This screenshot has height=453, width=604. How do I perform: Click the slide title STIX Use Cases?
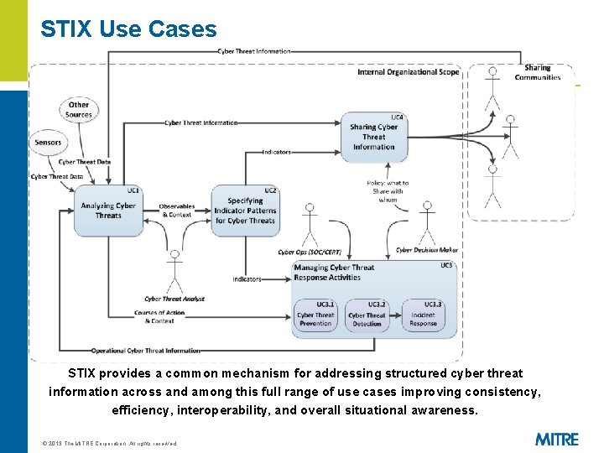pos(128,29)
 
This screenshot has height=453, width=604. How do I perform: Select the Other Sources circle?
pos(79,110)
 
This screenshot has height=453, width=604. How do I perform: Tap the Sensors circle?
pos(49,143)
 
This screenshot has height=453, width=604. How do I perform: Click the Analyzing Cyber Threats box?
pos(107,210)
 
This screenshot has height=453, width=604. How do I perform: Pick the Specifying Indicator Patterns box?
pos(244,210)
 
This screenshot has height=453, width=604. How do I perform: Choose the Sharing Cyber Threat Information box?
pos(373,137)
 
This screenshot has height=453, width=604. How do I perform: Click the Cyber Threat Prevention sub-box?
pos(315,315)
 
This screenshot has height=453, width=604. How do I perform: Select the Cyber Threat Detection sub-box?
pos(367,315)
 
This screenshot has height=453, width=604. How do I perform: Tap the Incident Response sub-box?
pos(423,315)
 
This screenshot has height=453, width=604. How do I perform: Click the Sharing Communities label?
pos(538,73)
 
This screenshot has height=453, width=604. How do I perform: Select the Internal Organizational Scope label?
pos(408,72)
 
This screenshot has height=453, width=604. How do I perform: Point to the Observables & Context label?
pos(175,211)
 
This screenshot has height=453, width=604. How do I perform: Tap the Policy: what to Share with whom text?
pos(387,191)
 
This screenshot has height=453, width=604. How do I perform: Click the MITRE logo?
pos(556,439)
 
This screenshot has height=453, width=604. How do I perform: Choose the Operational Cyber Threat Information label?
pos(146,351)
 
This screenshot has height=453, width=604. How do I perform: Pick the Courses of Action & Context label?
pos(159,317)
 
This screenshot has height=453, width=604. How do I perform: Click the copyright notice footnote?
pos(109,443)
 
